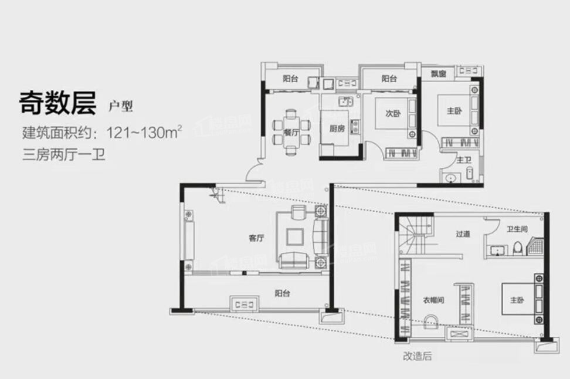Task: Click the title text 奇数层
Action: [56, 104]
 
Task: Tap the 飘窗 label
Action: [437, 74]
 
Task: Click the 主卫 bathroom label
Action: [464, 159]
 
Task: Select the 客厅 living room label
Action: [256, 238]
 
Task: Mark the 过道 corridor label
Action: [463, 234]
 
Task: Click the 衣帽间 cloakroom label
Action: [433, 300]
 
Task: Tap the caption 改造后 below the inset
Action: [417, 356]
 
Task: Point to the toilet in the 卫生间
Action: [517, 249]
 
